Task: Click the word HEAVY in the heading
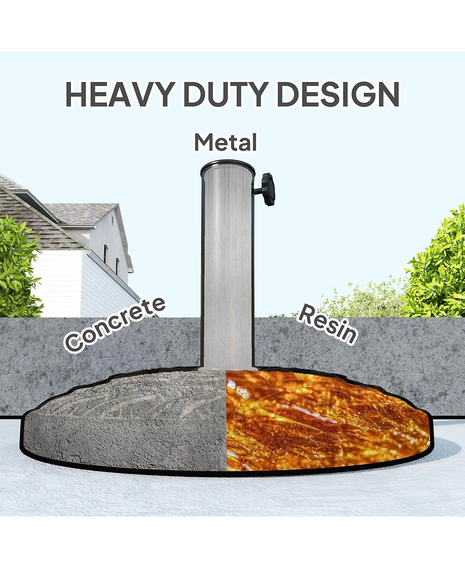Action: pos(117,94)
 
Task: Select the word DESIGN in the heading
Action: pos(338,94)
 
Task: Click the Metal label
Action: pos(226,142)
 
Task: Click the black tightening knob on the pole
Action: pos(267,189)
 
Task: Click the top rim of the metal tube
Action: pos(227,168)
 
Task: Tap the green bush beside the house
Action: pos(17,267)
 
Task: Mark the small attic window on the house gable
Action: pos(112,219)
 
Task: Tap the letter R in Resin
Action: pos(306,313)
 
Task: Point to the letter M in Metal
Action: pos(203,142)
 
